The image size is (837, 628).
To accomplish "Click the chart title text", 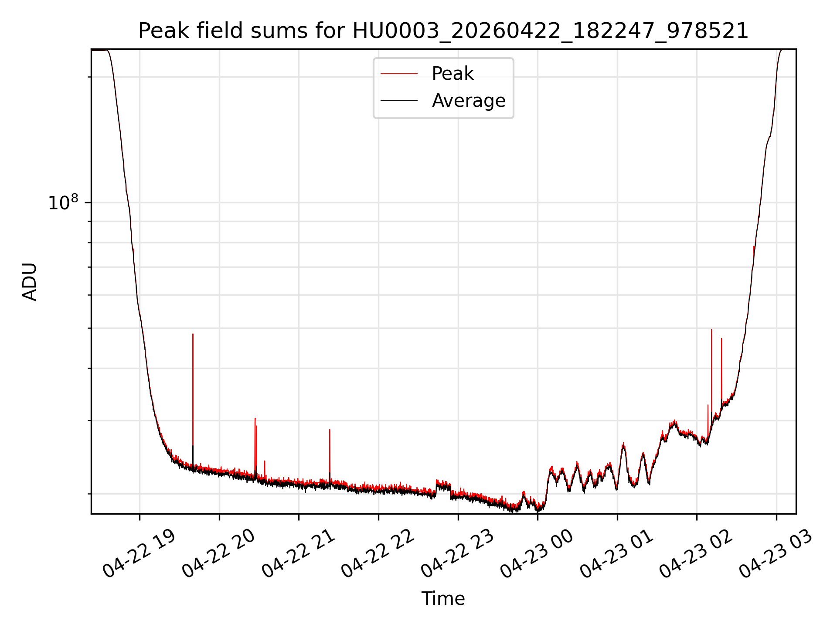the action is click(x=443, y=31).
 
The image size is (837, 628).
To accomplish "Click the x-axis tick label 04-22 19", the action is click(x=139, y=553).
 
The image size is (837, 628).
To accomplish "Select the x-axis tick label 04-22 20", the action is click(x=218, y=553).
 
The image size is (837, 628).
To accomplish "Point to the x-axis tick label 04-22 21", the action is click(x=298, y=553).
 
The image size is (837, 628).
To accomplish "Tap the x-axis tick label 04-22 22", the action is click(x=378, y=553).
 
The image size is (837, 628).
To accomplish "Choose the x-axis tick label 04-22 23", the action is click(x=457, y=553).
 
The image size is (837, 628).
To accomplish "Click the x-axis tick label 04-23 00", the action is click(x=537, y=553).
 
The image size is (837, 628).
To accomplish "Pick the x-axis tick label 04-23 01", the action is click(x=616, y=553).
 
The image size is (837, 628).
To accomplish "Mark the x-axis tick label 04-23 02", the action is click(x=696, y=553).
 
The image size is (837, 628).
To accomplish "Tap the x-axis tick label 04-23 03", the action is click(x=776, y=553).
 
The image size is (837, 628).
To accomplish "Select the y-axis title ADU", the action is click(x=30, y=282).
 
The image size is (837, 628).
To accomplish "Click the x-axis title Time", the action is click(x=443, y=599).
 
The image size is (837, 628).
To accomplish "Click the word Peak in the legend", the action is click(x=453, y=74).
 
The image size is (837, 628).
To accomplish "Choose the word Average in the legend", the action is click(x=469, y=101).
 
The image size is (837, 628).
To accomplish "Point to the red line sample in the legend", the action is click(x=399, y=74).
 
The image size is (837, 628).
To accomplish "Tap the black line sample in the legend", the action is click(x=399, y=101).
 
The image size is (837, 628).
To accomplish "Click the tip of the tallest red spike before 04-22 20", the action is click(x=193, y=334).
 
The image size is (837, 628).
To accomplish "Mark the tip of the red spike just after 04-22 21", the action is click(x=330, y=430).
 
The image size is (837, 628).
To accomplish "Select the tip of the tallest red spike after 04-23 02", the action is click(x=711, y=329).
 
